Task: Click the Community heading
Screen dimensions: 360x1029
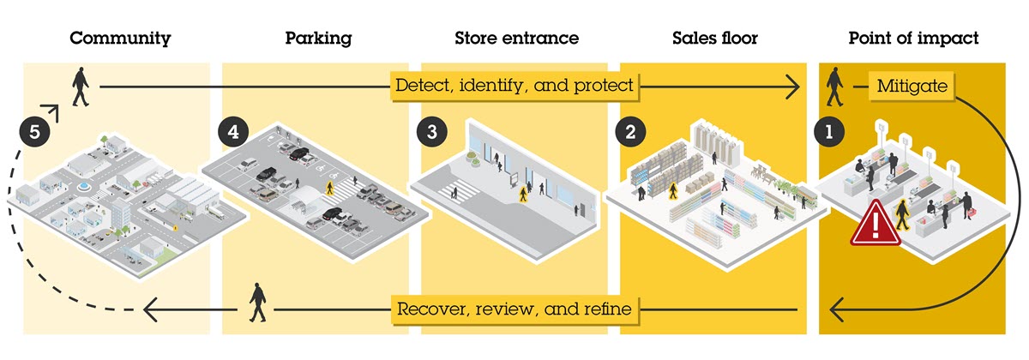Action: tap(120, 39)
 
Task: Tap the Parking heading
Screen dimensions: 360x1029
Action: tap(318, 39)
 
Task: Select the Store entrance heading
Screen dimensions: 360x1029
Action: tap(516, 39)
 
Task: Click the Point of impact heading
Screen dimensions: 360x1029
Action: tap(913, 39)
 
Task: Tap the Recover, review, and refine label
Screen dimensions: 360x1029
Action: tap(514, 309)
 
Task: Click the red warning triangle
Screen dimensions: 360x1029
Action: tap(875, 225)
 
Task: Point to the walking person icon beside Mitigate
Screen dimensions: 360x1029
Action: tap(833, 87)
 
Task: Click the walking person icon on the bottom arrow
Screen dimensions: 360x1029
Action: tap(257, 304)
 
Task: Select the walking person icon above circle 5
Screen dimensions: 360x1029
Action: tap(80, 87)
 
